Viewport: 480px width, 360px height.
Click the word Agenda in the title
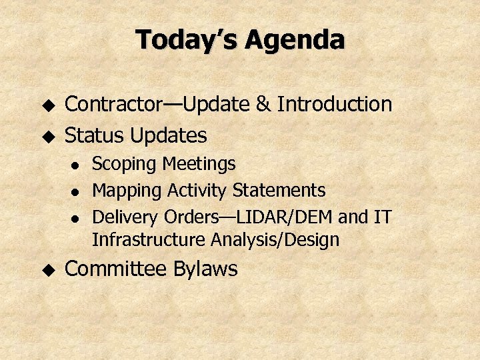[x=294, y=41]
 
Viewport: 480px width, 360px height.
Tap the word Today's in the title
[x=187, y=41]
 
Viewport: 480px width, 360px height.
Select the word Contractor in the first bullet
[x=113, y=105]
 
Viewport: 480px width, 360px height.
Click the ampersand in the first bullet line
[x=263, y=105]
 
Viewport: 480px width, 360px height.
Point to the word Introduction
[x=335, y=105]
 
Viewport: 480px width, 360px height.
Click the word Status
[x=94, y=136]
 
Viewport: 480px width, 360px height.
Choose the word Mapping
[x=127, y=191]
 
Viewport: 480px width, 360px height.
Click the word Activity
[x=197, y=191]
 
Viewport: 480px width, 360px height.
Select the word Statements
[x=279, y=191]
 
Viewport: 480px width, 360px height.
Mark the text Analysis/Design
[x=275, y=239]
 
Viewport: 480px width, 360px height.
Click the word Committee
[x=116, y=269]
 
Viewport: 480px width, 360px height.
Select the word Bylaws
[x=205, y=269]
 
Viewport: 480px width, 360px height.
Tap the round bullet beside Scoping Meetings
[x=77, y=165]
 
